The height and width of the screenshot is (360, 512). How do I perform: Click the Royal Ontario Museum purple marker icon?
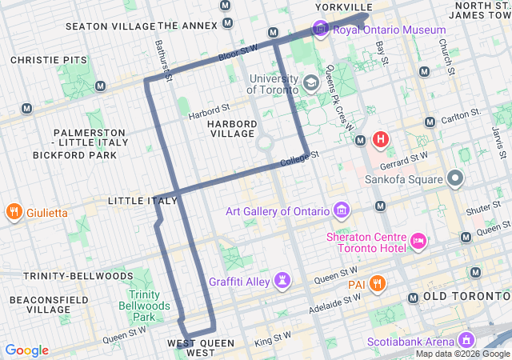coord(321,30)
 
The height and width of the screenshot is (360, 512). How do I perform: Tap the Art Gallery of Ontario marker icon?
coord(342,210)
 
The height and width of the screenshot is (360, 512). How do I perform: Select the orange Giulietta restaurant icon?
coord(14,213)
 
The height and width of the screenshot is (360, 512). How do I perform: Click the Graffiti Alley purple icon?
coord(282,281)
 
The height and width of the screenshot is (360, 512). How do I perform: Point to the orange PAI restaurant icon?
coord(378,284)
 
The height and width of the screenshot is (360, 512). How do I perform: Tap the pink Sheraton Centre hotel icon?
coord(418,240)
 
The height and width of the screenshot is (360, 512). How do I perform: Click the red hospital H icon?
coord(380,140)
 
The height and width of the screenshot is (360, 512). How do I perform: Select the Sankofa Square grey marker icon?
coord(455,178)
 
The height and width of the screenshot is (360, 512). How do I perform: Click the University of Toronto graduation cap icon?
coord(310,81)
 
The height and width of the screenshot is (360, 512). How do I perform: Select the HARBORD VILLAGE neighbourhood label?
coord(231,129)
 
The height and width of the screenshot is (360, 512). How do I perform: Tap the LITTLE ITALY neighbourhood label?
coord(142,200)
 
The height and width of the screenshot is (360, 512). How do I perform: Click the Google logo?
coord(26,350)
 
